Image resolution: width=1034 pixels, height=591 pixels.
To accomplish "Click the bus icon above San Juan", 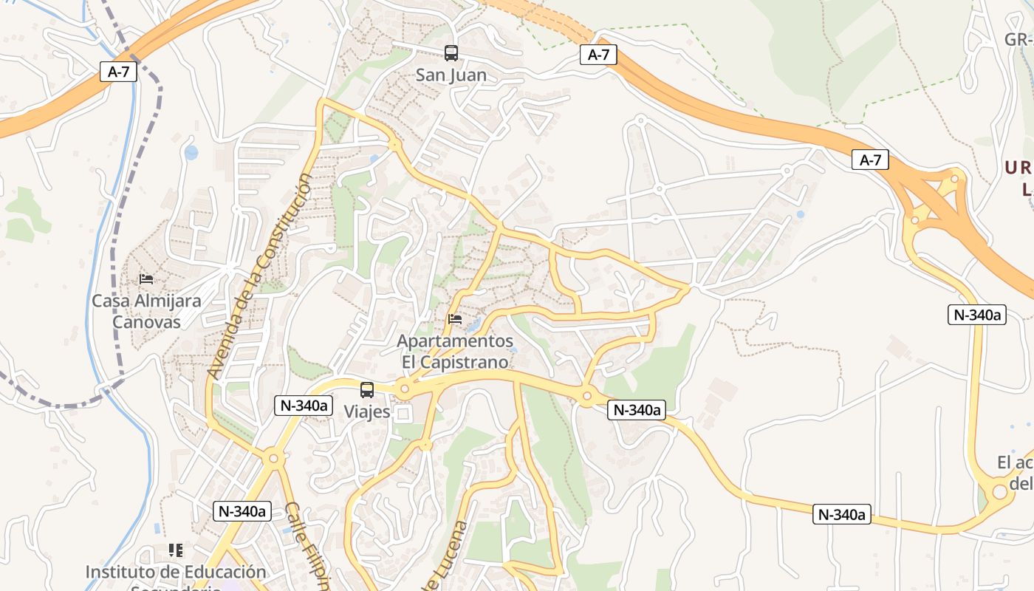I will point(451,53).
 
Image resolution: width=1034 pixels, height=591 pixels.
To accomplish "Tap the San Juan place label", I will point(451,75).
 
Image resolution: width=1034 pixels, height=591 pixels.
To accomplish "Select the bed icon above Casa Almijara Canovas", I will point(146,279).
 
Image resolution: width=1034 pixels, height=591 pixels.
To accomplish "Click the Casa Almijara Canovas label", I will point(146,312).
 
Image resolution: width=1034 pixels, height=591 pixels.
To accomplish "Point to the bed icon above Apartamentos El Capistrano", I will point(455,319).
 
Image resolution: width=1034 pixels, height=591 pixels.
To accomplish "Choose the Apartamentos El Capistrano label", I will point(455,352).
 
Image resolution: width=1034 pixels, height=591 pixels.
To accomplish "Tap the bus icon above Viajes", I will point(367,390).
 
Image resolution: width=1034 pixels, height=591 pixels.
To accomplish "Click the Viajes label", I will point(367,411).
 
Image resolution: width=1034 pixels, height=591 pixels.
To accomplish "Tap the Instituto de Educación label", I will point(175,573).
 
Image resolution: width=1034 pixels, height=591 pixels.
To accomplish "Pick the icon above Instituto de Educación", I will point(175,550).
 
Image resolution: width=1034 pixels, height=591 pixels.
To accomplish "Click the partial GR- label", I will point(1018,39).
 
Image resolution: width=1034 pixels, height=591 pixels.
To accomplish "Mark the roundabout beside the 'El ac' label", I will point(999,490).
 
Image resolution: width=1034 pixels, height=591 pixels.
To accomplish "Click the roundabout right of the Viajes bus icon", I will point(404,389).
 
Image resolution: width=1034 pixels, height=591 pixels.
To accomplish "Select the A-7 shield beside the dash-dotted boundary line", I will point(119,72).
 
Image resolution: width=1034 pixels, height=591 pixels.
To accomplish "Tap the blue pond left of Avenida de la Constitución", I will point(191,153).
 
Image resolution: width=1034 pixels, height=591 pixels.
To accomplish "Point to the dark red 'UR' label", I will point(1018,168).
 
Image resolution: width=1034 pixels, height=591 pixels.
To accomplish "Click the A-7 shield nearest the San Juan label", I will point(598,55).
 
